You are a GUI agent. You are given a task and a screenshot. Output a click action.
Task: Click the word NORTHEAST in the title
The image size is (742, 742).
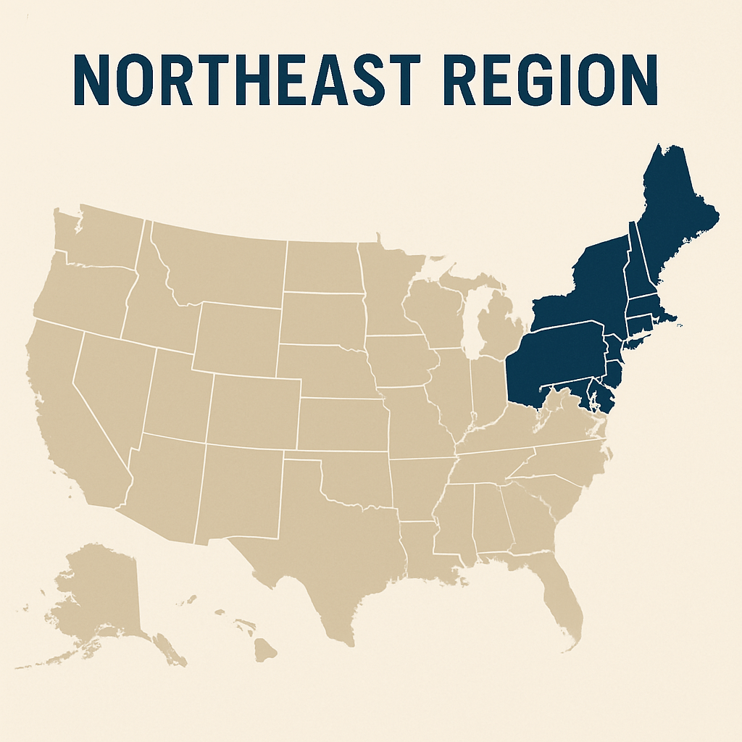(246, 80)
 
